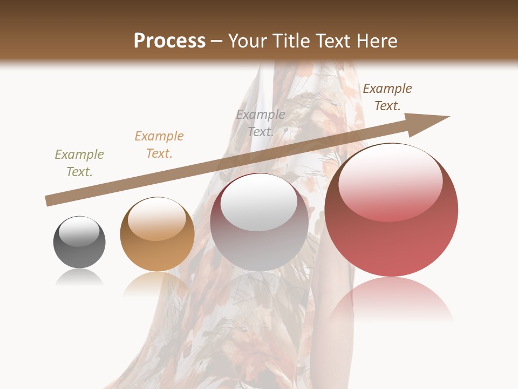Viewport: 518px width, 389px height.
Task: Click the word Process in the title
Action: pos(169,41)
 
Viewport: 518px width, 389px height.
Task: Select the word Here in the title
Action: pos(376,41)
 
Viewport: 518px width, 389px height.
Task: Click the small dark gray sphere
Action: pos(79,243)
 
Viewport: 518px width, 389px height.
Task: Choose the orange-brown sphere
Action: pos(157,234)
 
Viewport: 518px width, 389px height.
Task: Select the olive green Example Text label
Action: pos(79,163)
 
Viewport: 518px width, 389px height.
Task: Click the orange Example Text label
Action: pos(159,145)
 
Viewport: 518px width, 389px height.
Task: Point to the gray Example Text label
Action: pos(261,123)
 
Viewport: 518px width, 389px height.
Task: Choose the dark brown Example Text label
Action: pos(387,97)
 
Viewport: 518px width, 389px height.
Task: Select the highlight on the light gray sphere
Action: pos(259,206)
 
